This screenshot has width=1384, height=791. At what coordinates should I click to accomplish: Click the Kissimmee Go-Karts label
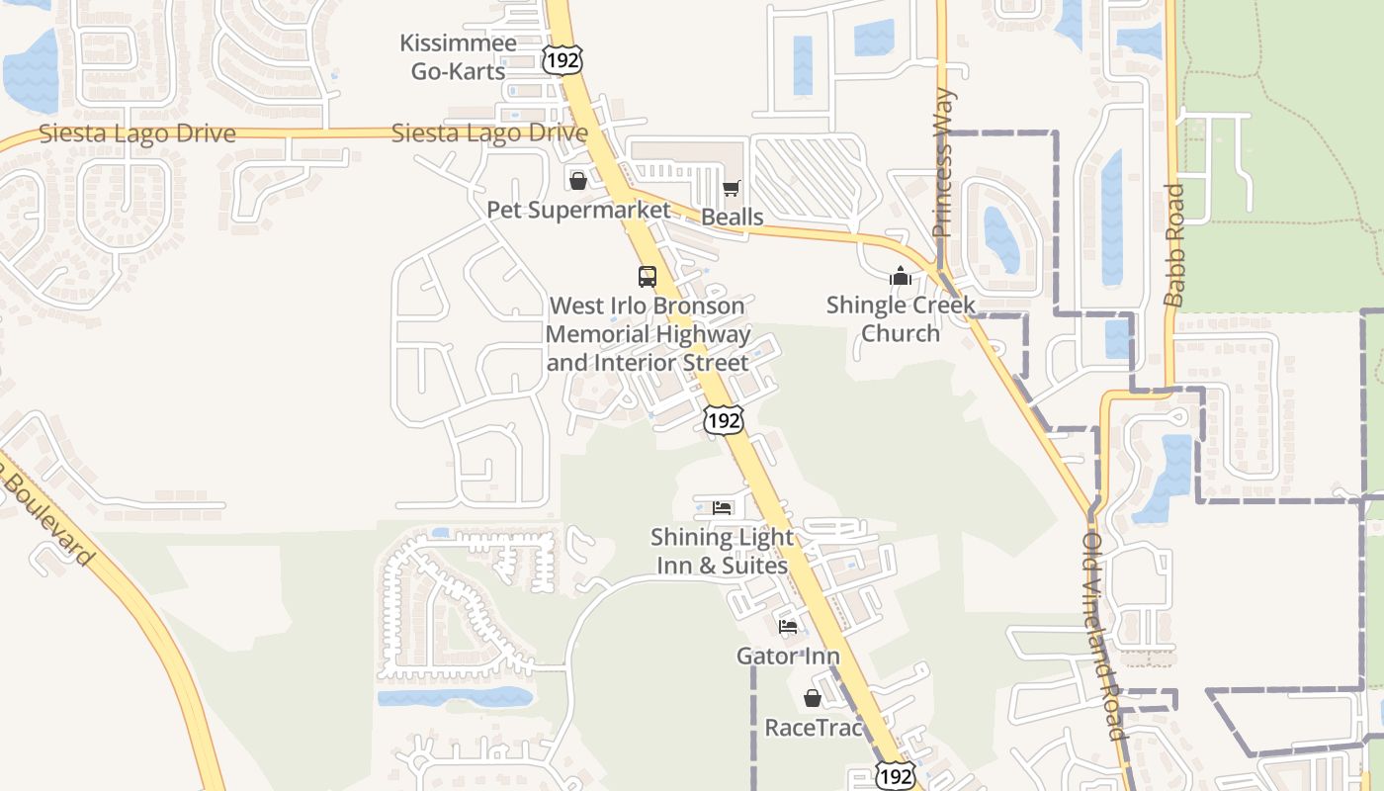click(458, 57)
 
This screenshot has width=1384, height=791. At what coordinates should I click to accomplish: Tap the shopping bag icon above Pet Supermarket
click(578, 181)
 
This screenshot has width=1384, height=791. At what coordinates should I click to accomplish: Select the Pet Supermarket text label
click(578, 210)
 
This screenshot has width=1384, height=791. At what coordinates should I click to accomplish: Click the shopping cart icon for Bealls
click(732, 188)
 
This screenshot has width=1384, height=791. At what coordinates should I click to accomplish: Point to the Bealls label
click(732, 217)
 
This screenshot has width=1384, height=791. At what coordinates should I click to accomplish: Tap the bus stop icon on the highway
click(648, 276)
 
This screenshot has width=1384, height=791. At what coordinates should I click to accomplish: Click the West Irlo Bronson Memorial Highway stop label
click(648, 334)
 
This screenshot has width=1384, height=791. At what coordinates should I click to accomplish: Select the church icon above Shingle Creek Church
click(900, 276)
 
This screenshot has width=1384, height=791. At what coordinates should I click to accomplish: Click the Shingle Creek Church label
click(900, 318)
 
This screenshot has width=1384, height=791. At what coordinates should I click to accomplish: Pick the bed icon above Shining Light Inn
click(722, 508)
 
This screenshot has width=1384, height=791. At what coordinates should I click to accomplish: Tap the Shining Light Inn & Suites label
click(722, 552)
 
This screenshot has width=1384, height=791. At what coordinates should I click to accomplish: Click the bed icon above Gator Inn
click(788, 627)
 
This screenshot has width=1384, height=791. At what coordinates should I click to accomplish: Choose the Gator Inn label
click(788, 656)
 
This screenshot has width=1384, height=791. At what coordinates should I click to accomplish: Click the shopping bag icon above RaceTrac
click(813, 699)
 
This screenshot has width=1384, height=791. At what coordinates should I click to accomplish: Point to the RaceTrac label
click(813, 728)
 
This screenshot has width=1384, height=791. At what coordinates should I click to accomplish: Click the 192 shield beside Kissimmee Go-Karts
click(562, 58)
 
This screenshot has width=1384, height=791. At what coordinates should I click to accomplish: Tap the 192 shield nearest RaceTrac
click(896, 776)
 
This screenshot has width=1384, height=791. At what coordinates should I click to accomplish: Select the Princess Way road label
click(942, 163)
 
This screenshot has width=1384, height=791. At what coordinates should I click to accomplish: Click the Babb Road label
click(1173, 244)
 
